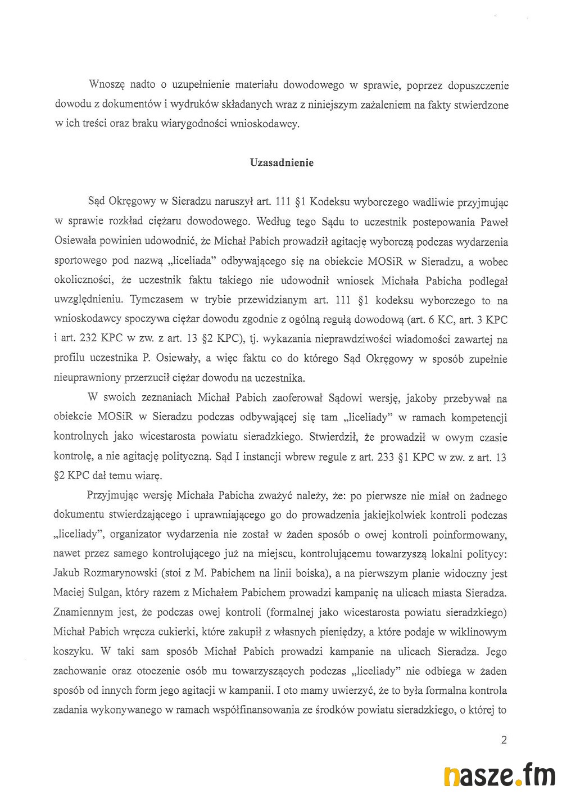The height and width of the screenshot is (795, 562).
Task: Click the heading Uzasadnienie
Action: click(282, 163)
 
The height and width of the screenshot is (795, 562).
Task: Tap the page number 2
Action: click(504, 740)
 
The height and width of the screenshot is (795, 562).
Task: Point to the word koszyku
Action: click(73, 652)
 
